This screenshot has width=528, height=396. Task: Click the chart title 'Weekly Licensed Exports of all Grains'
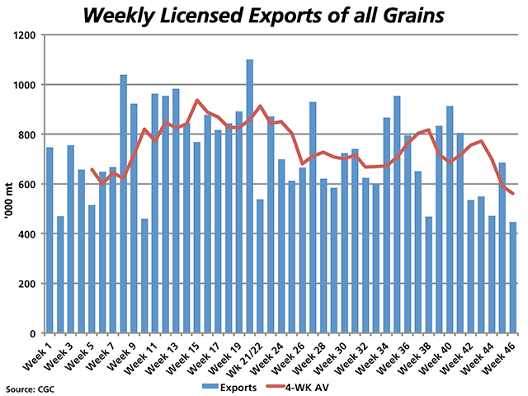[264, 15]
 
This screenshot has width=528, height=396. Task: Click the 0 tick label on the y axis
[37, 333]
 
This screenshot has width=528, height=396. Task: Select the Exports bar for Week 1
[49, 240]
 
